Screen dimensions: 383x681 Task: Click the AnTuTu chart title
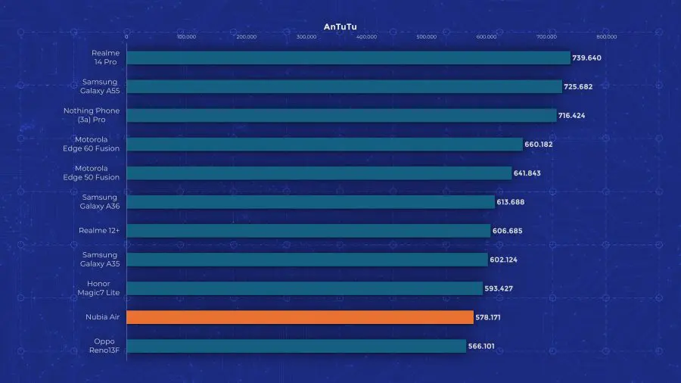coord(340,26)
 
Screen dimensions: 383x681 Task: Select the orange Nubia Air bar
coord(300,317)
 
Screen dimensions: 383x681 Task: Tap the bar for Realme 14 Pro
coord(348,58)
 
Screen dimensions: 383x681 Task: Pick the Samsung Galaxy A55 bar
coord(344,86)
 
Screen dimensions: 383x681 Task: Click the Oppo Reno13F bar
coord(296,346)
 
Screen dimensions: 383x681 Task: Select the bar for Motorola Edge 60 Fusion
coord(325,144)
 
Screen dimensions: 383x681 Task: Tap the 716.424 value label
coord(572,115)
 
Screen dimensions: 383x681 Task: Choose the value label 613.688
coord(511,202)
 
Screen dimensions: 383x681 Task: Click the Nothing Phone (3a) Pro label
coord(92,115)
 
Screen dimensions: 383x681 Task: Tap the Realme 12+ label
coord(99,231)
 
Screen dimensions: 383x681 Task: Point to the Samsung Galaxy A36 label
coord(100,202)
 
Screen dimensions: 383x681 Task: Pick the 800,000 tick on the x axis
coord(606,36)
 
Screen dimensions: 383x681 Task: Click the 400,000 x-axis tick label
coord(366,36)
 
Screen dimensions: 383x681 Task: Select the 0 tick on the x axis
coord(126,36)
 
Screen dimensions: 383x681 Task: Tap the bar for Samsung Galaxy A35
coord(307,260)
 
